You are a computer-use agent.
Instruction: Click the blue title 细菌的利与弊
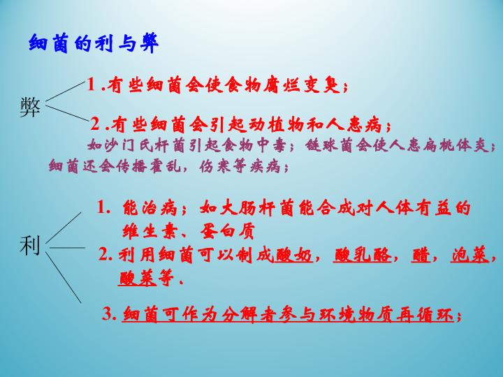[94, 43]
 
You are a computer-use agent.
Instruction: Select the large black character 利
[29, 245]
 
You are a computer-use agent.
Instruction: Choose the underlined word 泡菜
[469, 255]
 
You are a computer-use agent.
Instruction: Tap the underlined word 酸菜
[138, 279]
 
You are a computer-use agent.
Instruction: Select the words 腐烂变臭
[308, 85]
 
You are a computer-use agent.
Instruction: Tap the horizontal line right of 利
[67, 246]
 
